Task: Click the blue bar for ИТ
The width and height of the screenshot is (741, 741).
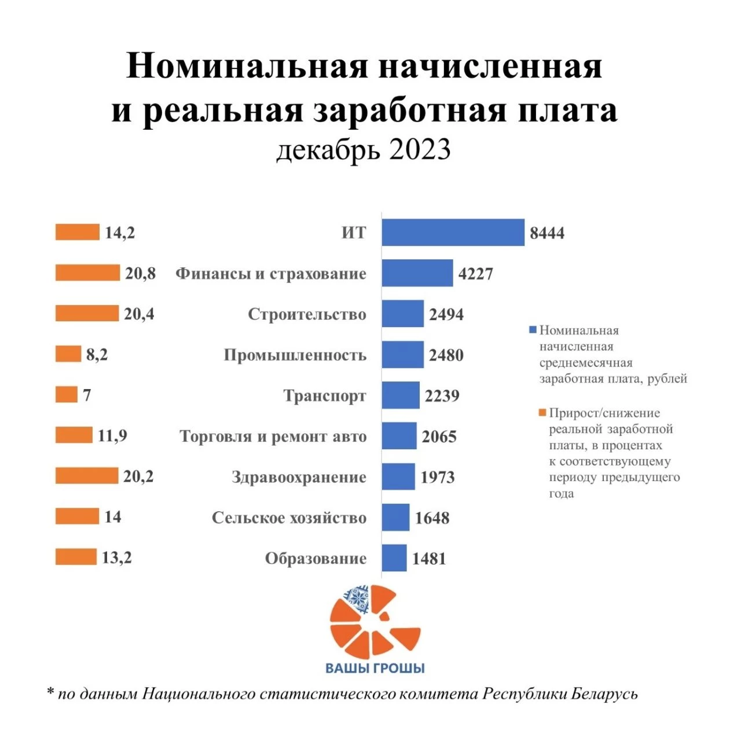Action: (453, 233)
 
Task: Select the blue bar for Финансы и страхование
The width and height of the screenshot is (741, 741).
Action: (417, 273)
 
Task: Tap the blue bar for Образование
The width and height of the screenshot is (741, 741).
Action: (394, 558)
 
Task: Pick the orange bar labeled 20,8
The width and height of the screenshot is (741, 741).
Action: (87, 273)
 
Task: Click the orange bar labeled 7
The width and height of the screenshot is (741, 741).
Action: (66, 395)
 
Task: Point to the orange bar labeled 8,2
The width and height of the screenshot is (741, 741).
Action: (68, 354)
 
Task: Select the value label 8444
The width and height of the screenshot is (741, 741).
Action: (547, 233)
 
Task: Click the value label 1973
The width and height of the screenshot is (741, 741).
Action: (438, 477)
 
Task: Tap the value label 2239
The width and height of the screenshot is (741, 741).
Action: (442, 396)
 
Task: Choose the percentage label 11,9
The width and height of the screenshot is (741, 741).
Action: (112, 435)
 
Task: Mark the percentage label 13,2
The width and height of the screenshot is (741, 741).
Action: (117, 557)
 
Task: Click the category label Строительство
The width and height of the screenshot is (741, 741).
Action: (307, 314)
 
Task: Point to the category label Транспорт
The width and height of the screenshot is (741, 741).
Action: (324, 396)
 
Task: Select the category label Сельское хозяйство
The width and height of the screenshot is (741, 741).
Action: (289, 518)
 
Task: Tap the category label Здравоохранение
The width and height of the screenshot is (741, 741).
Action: (299, 477)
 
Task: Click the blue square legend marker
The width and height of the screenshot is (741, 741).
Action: (533, 330)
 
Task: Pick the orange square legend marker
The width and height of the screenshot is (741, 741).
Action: (542, 413)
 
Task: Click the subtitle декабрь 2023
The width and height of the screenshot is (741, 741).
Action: (364, 150)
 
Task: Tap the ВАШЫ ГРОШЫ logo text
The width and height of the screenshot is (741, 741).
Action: (375, 668)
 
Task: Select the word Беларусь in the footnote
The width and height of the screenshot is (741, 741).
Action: (604, 694)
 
